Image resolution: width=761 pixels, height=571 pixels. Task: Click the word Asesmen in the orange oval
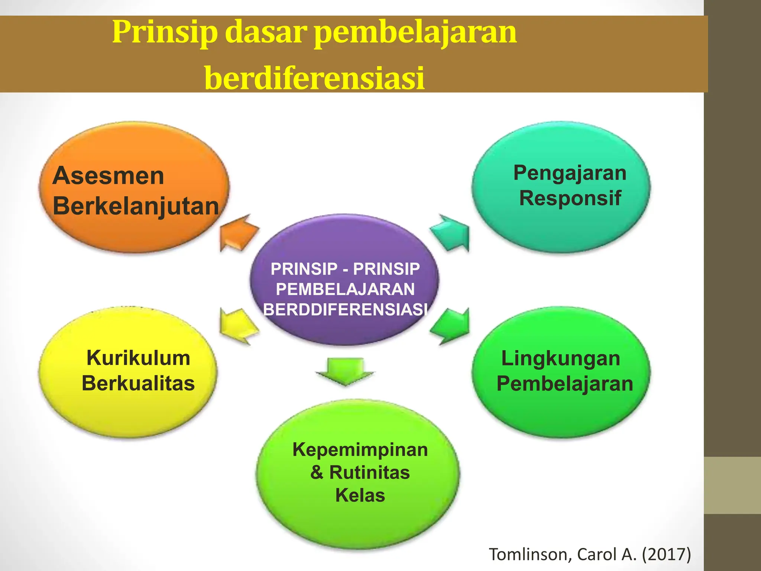tap(108, 175)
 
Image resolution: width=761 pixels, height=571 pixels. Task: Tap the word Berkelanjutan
tap(136, 206)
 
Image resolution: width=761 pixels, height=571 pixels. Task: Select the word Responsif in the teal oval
tap(570, 198)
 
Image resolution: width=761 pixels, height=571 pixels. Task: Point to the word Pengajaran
tap(570, 173)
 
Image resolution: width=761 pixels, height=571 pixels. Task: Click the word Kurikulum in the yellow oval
tap(138, 358)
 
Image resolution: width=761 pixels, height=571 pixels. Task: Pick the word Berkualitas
tap(138, 383)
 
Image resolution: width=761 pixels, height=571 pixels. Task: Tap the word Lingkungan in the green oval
tap(561, 359)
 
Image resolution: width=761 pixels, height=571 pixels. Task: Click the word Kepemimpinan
tap(360, 449)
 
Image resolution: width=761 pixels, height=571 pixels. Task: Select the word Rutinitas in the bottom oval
tap(369, 472)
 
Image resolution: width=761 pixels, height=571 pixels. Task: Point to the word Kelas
tap(360, 495)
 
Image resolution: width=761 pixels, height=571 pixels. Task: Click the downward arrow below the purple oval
tap(345, 371)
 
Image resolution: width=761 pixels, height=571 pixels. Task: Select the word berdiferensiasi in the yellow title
tap(314, 78)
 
